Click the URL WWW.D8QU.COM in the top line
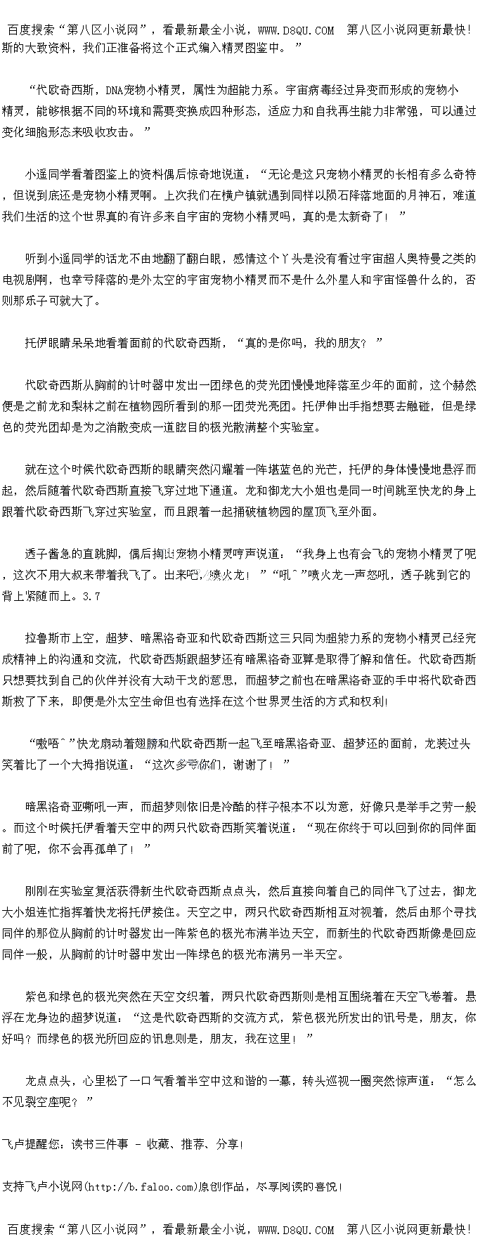296,30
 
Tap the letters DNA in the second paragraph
115,90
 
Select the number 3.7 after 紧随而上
91,596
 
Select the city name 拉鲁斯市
48,638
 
